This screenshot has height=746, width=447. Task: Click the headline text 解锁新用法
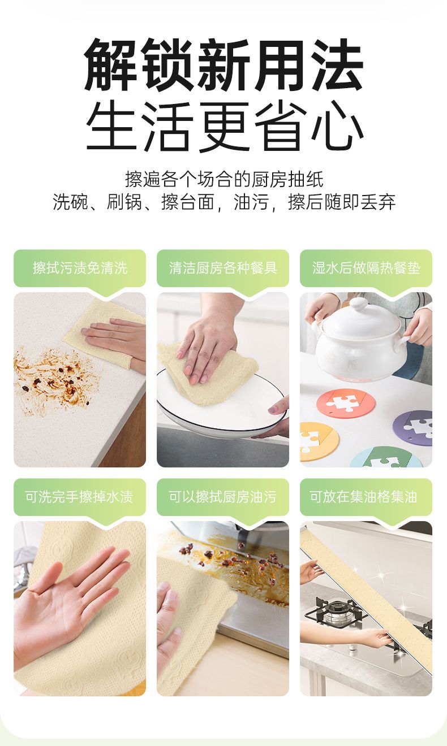[x=223, y=65]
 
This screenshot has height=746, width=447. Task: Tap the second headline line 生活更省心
[x=223, y=127]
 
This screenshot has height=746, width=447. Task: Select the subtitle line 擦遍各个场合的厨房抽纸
[x=224, y=179]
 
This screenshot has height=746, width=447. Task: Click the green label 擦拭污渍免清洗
[x=80, y=268]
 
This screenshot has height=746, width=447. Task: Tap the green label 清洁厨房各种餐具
[x=223, y=268]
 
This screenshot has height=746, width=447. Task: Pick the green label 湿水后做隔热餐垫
[x=366, y=268]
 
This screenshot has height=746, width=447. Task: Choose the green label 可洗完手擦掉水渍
[x=80, y=497]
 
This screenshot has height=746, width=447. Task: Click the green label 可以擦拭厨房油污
[x=223, y=497]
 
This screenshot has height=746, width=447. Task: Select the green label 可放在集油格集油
[x=363, y=497]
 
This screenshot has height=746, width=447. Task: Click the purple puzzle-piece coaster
[x=413, y=428]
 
